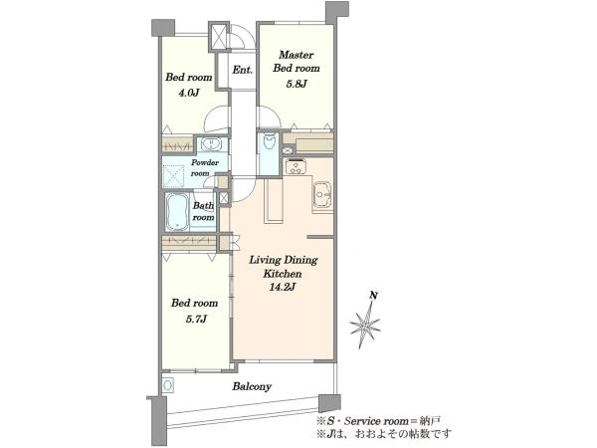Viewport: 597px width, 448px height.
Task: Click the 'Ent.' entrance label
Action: pos(243,70)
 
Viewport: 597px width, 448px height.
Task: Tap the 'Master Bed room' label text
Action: pos(297,62)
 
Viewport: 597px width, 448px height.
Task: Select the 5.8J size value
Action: pos(297,84)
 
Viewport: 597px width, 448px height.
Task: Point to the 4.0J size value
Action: pos(189,93)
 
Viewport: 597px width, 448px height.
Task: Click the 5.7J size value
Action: pos(196,319)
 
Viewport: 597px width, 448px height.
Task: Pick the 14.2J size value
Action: pos(283,288)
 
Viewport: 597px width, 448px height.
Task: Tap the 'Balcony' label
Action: pos(252,386)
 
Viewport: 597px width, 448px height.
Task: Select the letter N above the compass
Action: pos(374,295)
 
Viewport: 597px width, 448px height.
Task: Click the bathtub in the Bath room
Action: pos(177,212)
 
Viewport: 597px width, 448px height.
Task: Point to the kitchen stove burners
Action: pos(296,166)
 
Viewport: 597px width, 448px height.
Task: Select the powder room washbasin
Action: pos(210,144)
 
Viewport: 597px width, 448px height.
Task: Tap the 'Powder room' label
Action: pos(204,167)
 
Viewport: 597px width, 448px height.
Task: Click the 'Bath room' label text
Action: pos(203,211)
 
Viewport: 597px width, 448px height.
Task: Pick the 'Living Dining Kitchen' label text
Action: pos(283,267)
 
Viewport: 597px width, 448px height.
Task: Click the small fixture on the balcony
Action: pos(167,385)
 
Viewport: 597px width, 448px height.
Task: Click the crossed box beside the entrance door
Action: pos(219,37)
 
